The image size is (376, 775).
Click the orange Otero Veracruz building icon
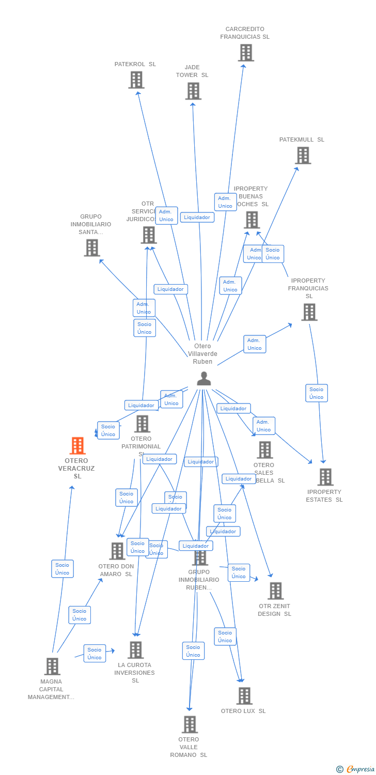click(77, 445)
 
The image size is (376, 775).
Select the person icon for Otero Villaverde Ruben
click(204, 379)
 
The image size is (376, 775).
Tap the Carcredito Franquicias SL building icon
click(246, 52)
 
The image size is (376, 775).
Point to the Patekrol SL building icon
click(136, 80)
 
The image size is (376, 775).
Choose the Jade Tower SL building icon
click(193, 91)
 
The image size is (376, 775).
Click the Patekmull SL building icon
click(303, 155)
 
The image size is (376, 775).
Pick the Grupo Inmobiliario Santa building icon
click(92, 247)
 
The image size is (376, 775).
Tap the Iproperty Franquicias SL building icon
click(309, 312)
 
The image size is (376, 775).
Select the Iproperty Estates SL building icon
click(325, 477)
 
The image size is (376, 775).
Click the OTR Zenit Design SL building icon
click(275, 591)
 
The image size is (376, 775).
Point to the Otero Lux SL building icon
click(244, 696)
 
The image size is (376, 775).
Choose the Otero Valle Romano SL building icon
click(190, 724)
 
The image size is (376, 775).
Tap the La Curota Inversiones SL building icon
click(135, 650)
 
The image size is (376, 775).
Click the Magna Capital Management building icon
click(52, 667)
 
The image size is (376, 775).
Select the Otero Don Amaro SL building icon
click(117, 551)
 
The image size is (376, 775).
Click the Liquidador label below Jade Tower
click(197, 218)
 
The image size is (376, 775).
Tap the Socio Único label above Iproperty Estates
click(316, 393)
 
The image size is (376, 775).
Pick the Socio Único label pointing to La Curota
click(95, 654)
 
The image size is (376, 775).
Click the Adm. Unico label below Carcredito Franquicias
click(225, 202)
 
